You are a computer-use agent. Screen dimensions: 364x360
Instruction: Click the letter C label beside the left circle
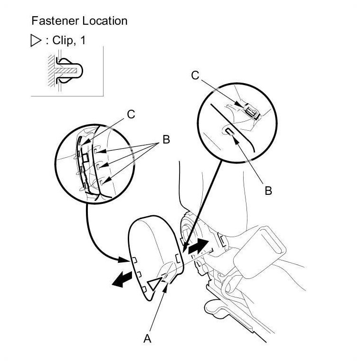(131, 114)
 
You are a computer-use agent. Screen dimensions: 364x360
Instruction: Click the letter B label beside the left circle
(166, 140)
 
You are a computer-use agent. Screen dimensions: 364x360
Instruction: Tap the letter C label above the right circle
(195, 75)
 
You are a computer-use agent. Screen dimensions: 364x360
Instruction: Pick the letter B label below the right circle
(268, 191)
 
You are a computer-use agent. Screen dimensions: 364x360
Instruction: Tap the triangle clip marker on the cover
(154, 285)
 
